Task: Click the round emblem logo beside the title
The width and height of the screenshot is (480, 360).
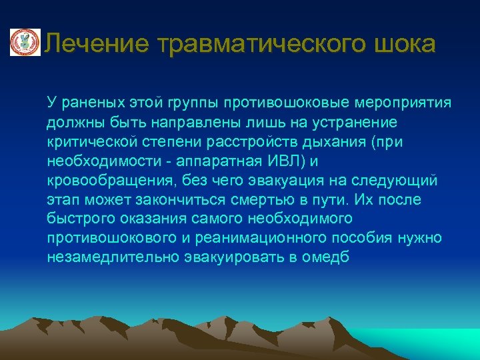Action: coord(24,43)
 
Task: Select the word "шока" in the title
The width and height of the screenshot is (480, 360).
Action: coord(407,44)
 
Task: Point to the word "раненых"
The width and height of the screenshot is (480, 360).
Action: coord(89,103)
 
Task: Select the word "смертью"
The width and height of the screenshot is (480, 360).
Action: coord(248,200)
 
